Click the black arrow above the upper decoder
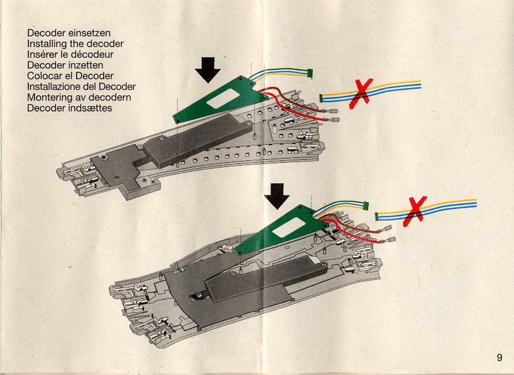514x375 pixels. (208, 69)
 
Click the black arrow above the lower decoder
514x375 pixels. (278, 196)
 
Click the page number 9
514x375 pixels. (499, 358)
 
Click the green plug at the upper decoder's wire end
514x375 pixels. (310, 73)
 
